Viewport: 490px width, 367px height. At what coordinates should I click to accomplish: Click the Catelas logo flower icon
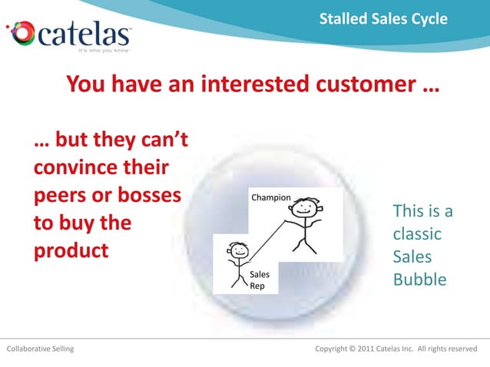(21, 34)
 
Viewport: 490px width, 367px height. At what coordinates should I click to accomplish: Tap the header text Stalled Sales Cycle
(383, 18)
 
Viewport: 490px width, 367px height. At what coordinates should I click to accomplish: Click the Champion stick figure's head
(306, 208)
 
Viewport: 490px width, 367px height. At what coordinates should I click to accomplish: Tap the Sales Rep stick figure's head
(239, 250)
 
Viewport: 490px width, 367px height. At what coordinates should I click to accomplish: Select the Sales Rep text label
(260, 279)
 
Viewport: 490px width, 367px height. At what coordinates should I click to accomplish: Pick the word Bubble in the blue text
(419, 279)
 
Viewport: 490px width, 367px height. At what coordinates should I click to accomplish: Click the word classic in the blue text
(417, 233)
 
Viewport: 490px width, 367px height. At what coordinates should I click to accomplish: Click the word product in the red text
(71, 250)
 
